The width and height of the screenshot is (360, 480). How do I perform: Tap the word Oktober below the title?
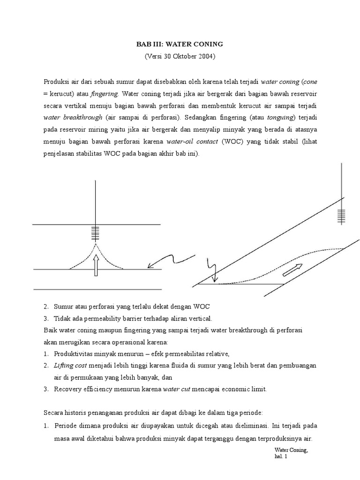click(x=180, y=56)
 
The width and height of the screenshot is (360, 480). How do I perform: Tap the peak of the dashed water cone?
click(x=96, y=244)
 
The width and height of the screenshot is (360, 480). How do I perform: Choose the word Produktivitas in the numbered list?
click(x=75, y=353)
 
